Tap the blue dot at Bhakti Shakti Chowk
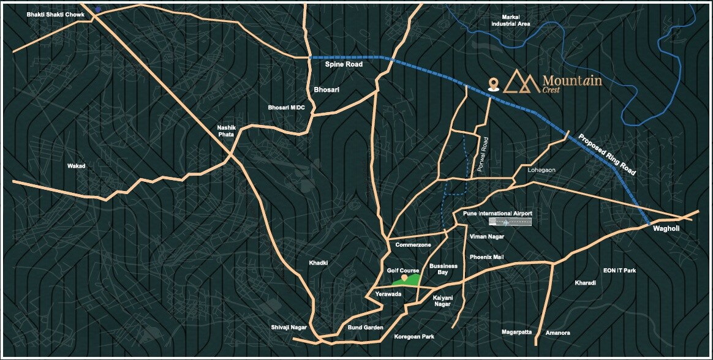98,10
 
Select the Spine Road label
344,64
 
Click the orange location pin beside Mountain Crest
492,84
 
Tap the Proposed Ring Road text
606,154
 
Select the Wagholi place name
666,228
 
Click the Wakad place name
77,166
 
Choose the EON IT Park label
619,270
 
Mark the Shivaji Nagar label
288,328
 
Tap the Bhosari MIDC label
286,108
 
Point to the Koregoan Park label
414,336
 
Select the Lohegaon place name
540,170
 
